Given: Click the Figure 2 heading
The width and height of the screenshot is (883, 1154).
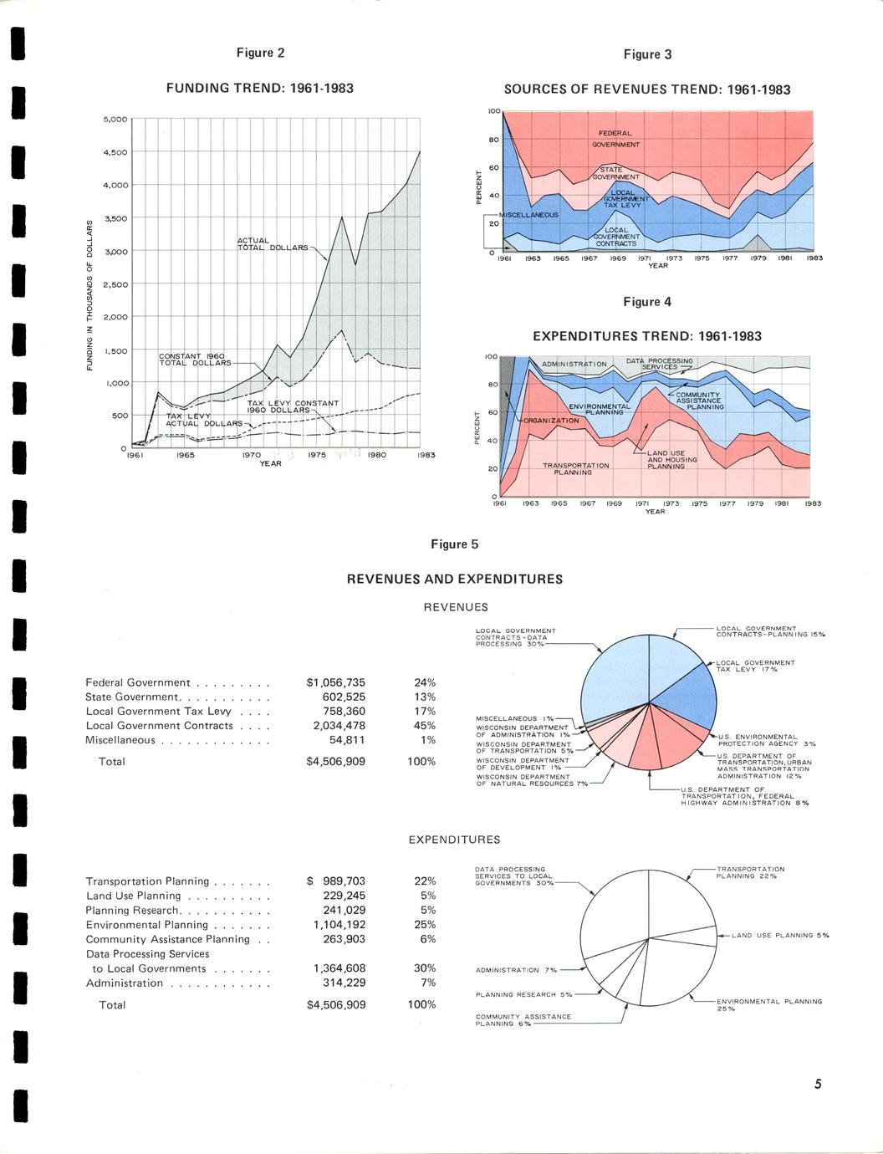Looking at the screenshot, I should point(260,53).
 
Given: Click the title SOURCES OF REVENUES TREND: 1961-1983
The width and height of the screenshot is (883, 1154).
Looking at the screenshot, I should point(646,89).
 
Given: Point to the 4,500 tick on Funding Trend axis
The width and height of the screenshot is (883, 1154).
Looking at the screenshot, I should point(115,152).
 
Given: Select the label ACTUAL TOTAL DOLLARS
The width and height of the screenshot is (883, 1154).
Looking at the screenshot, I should point(271,244).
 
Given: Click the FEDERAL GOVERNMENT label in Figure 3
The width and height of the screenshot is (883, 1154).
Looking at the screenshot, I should point(615,139).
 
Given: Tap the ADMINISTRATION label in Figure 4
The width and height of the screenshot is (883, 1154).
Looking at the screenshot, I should point(574,365).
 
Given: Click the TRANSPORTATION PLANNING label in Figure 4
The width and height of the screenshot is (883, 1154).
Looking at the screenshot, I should point(575,468).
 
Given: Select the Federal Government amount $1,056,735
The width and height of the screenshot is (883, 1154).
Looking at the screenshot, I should point(336,682).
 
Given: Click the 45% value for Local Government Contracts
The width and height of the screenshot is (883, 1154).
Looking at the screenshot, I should point(425,726).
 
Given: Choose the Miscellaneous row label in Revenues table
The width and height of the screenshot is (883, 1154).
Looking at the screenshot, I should point(120,740).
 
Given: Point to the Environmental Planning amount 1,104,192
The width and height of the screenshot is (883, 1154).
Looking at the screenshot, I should point(339,925).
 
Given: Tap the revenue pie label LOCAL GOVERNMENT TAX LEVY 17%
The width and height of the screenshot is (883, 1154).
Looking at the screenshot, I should point(756,666).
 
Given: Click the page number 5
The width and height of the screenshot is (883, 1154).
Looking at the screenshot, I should point(818,1085).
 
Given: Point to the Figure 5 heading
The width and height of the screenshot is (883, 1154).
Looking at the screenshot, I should point(454,544).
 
